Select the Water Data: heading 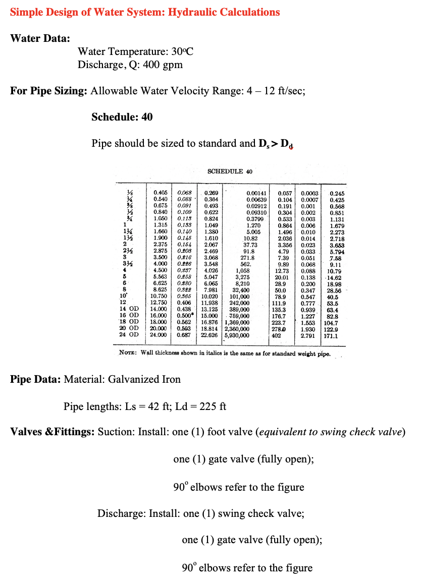[40, 38]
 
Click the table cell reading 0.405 [160, 193]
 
